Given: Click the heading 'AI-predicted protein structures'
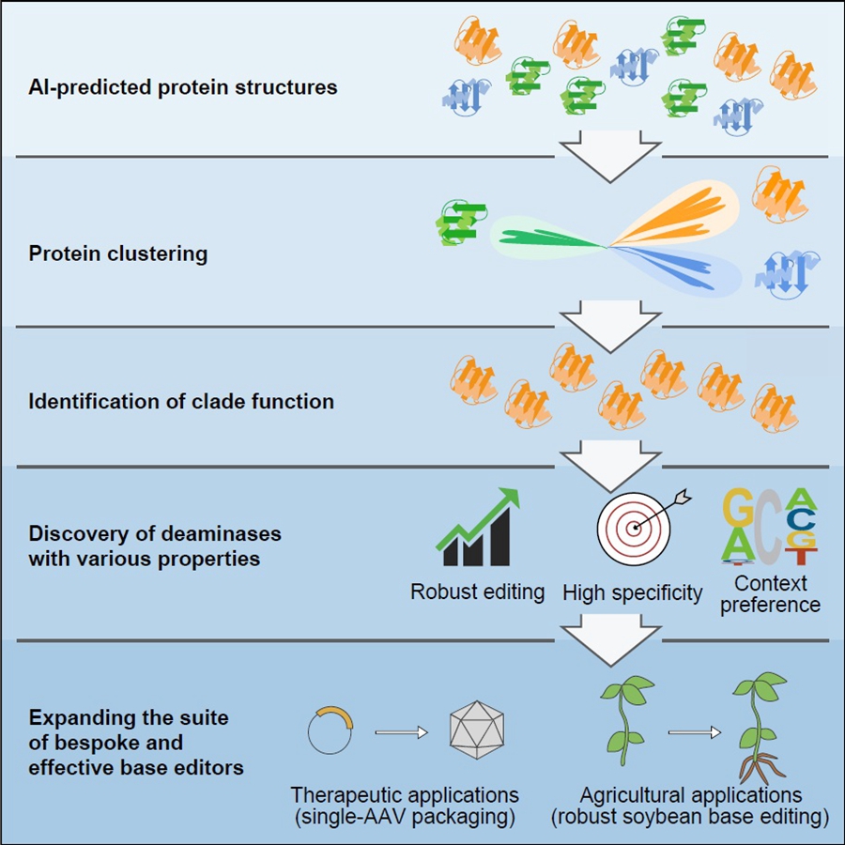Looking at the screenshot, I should (x=183, y=88).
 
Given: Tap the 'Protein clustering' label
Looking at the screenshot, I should (x=118, y=253).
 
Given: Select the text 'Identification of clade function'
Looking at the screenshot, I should (x=181, y=401).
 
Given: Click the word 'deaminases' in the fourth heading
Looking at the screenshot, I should (x=229, y=534).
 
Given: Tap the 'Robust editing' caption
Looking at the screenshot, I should (x=477, y=591).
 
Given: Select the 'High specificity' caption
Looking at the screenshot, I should (x=632, y=592).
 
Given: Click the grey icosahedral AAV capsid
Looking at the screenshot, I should (x=477, y=730).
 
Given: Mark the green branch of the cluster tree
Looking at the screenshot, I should (x=545, y=238).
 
